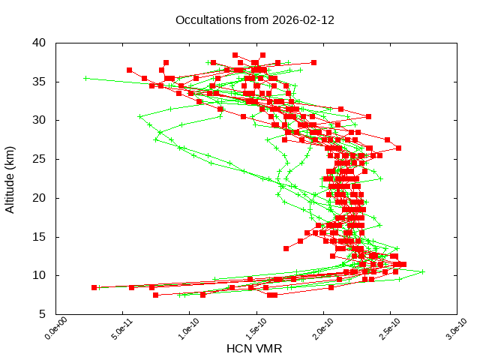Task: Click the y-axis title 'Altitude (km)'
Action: pyautogui.click(x=10, y=178)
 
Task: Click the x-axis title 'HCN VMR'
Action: pyautogui.click(x=256, y=349)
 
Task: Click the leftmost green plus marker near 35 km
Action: pyautogui.click(x=85, y=78)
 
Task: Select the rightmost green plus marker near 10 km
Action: pyautogui.click(x=422, y=272)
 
